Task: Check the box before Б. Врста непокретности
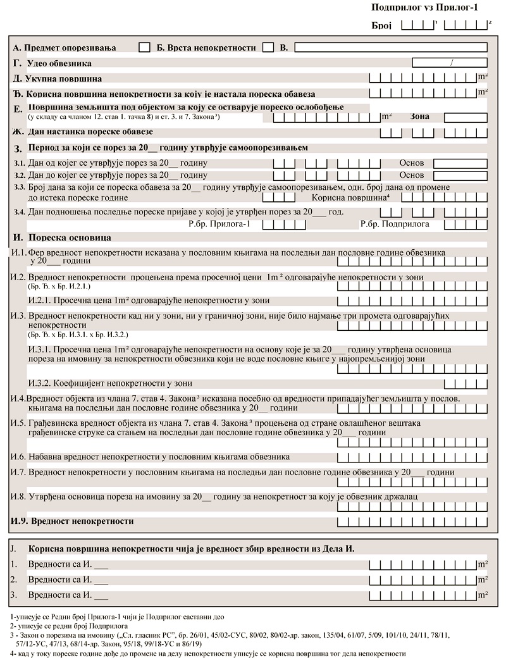click(144, 47)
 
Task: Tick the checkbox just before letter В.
click(268, 47)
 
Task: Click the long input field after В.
click(390, 47)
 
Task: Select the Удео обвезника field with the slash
click(450, 63)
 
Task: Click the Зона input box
click(465, 117)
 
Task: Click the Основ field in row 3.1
click(460, 163)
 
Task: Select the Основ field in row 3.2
click(460, 175)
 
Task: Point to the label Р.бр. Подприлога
click(395, 223)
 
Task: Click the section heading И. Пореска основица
click(62, 237)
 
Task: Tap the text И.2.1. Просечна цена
click(149, 300)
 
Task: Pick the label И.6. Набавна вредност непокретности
click(150, 456)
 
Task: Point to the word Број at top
click(381, 25)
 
